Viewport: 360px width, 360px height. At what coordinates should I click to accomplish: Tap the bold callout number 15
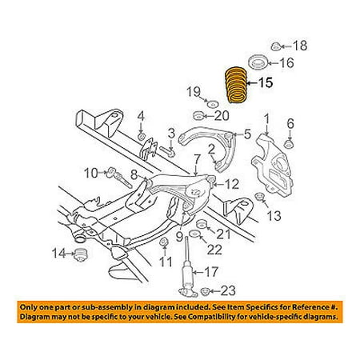(x=265, y=82)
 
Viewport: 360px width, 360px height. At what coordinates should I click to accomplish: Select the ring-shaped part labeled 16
(x=258, y=62)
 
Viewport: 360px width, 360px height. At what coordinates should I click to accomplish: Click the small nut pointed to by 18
(x=275, y=47)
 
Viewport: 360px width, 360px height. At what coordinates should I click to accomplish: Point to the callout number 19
(x=194, y=92)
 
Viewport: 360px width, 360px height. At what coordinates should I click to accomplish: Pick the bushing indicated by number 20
(x=198, y=116)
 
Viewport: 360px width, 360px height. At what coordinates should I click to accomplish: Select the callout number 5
(x=247, y=134)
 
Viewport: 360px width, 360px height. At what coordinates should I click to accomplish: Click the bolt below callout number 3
(x=167, y=151)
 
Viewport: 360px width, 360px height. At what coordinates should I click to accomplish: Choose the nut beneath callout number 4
(x=142, y=137)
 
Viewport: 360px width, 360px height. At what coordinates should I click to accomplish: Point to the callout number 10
(x=91, y=173)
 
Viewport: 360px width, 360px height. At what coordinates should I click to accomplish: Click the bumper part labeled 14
(x=80, y=255)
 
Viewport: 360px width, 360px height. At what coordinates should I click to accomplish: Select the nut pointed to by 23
(x=205, y=291)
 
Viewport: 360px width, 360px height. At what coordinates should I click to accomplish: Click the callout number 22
(x=214, y=250)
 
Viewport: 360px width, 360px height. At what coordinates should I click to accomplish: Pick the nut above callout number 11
(x=164, y=242)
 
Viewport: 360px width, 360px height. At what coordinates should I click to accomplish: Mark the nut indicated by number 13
(x=258, y=197)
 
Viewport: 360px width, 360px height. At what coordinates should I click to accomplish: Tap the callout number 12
(x=232, y=184)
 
